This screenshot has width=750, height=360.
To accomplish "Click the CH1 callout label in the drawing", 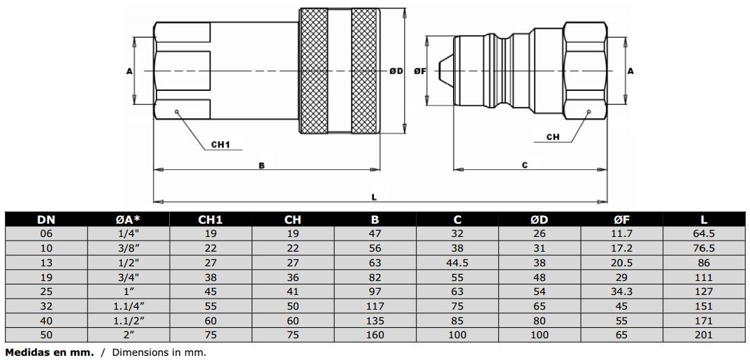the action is point(220,144).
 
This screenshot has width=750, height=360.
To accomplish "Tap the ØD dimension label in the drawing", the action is point(396,71).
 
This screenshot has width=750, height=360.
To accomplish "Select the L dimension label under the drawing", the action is point(374,196).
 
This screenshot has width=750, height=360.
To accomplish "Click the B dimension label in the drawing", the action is point(261,166).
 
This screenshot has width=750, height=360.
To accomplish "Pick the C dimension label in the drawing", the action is point(525,166).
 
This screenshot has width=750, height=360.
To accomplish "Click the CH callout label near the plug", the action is point(553,137).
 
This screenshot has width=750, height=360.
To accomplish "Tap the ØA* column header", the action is point(129,220).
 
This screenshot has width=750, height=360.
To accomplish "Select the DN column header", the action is point(46,220).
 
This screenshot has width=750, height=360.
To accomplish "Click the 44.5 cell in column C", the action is point(457,263).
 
